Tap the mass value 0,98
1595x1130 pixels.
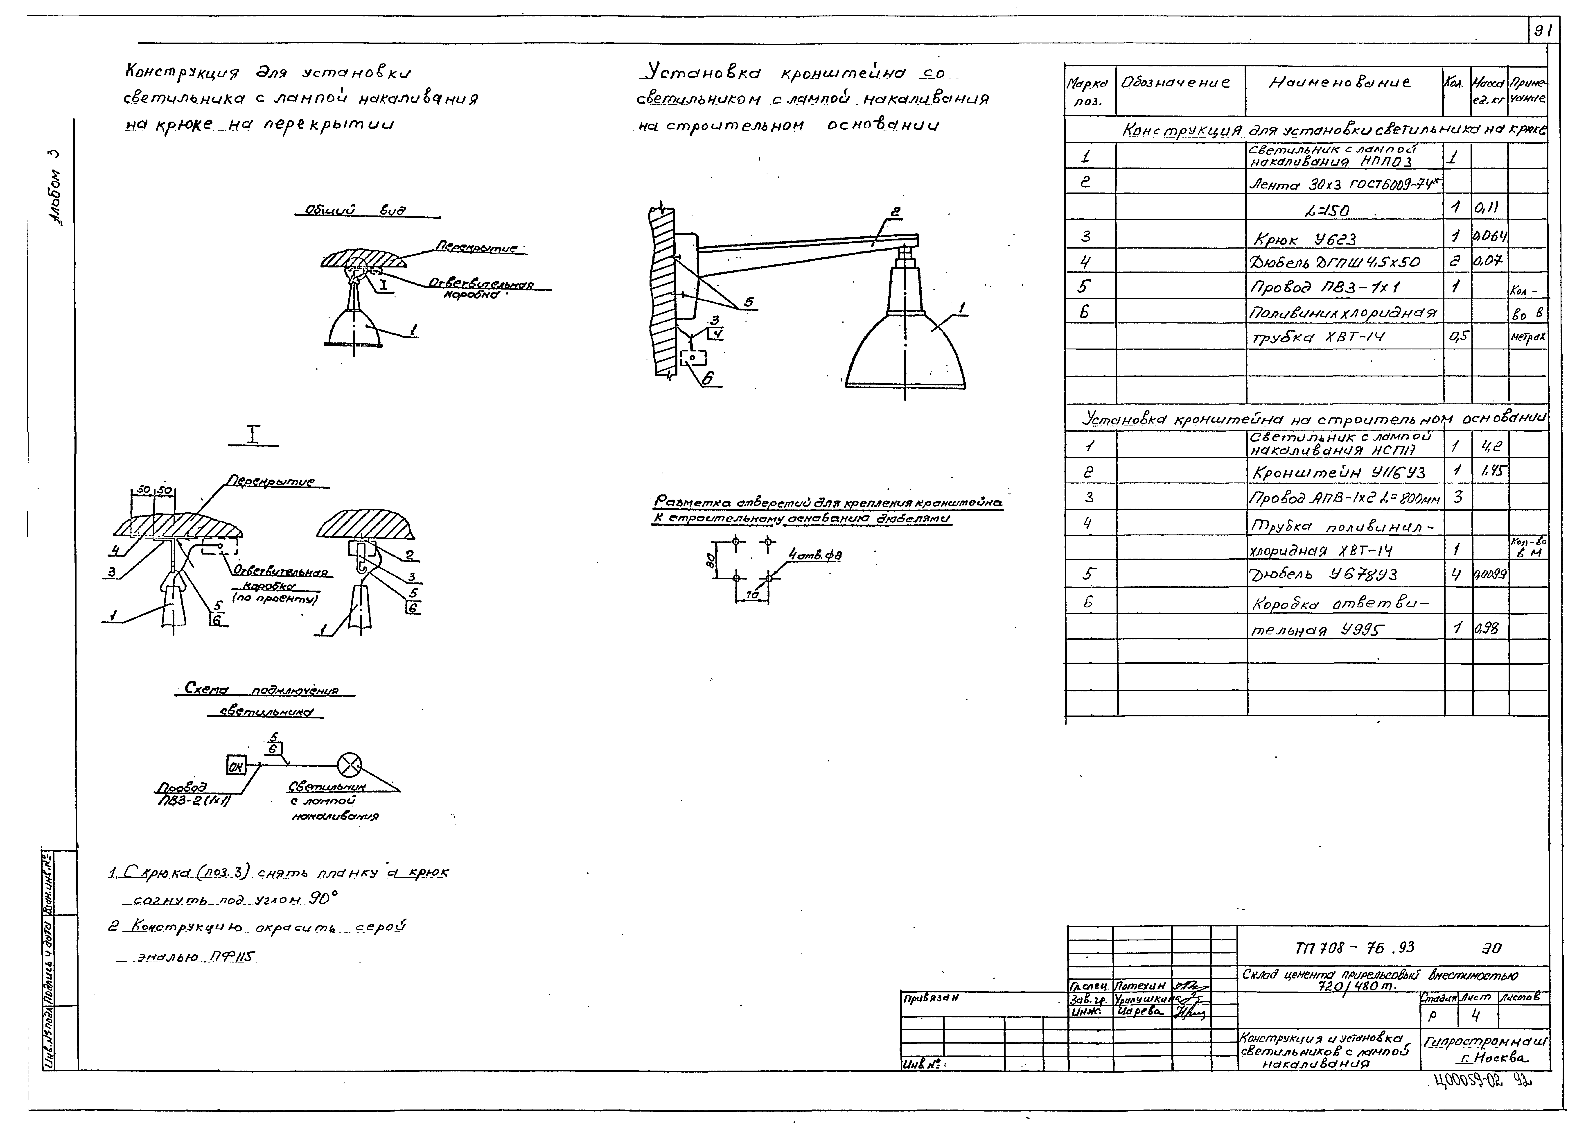pyautogui.click(x=1487, y=628)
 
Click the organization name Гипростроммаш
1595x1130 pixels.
pyautogui.click(x=1485, y=1042)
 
